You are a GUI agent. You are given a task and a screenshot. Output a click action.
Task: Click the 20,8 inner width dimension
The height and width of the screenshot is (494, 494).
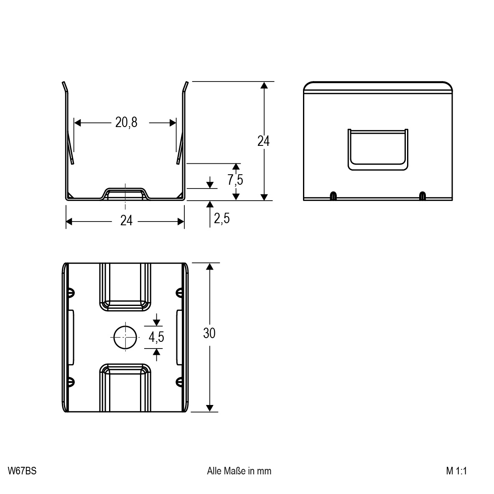(126, 122)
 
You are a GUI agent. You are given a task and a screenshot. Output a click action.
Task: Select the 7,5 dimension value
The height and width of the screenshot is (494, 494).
(235, 180)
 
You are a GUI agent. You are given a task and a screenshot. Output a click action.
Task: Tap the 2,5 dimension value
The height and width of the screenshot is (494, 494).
(222, 218)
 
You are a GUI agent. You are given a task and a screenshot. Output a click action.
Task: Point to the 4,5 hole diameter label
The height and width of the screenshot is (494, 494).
(156, 337)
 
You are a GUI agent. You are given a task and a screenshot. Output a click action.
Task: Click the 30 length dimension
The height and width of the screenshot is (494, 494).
(209, 334)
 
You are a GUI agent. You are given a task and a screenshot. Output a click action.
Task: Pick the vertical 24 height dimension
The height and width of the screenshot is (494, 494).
(263, 141)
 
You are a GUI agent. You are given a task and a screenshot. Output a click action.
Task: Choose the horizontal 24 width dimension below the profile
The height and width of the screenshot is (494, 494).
(126, 221)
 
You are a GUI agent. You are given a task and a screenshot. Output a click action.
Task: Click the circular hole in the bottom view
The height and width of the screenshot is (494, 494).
(125, 337)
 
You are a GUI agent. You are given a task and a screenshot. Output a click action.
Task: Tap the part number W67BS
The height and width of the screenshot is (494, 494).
(22, 471)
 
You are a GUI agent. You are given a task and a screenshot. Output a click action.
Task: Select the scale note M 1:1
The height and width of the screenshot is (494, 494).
(456, 471)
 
